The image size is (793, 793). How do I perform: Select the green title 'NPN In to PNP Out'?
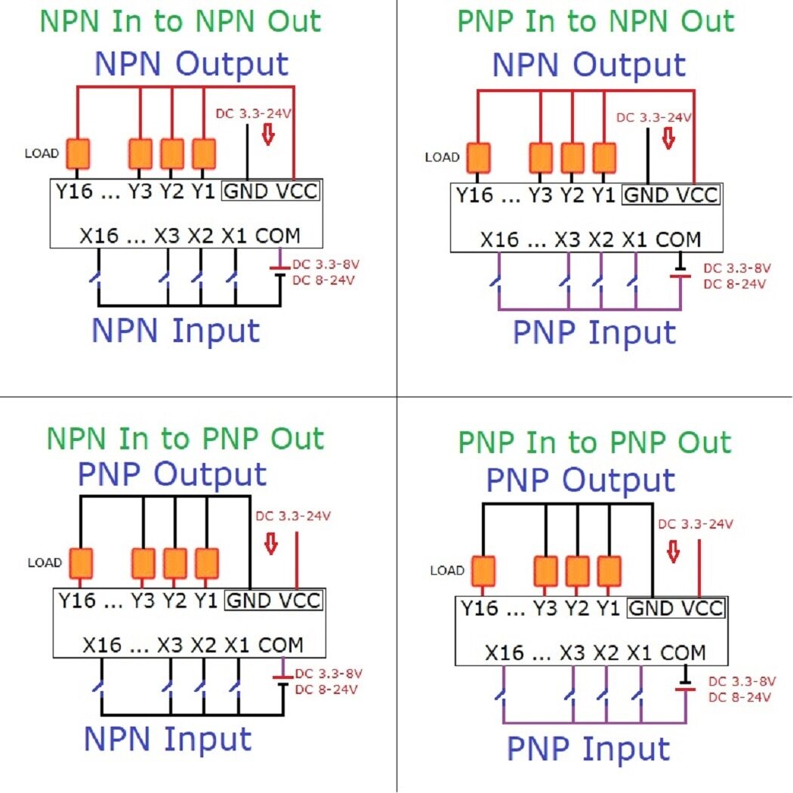185,439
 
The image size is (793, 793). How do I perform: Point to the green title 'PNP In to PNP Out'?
595,442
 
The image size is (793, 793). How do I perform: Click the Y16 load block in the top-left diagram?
79,153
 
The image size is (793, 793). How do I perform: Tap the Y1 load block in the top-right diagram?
604,158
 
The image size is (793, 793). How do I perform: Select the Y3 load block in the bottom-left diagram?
143,563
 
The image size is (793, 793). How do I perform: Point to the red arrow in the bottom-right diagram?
673,551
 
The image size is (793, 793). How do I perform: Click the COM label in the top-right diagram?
678,240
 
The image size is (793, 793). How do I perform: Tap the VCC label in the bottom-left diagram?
301,601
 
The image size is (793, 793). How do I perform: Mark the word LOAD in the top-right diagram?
442,158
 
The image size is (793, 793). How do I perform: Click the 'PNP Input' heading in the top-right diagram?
594,332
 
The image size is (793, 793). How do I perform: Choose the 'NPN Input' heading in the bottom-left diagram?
167,739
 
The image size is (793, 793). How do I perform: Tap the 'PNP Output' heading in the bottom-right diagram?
580,480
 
